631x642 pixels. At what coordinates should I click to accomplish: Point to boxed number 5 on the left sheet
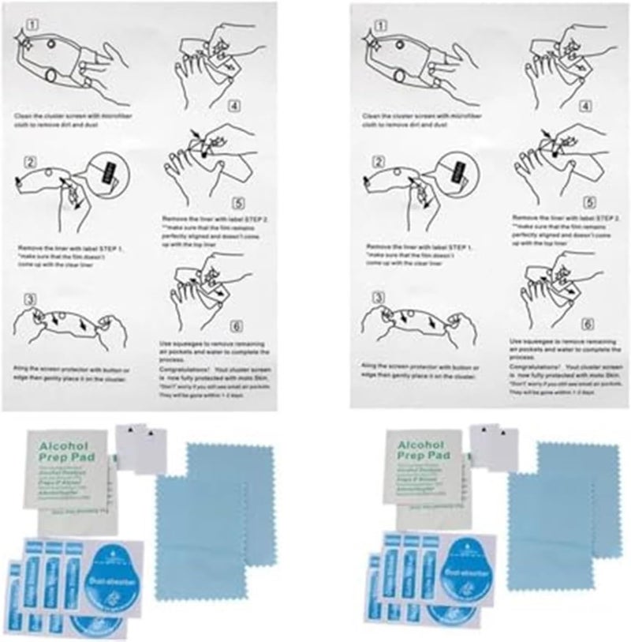point(235,201)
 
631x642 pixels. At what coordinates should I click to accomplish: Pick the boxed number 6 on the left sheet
point(235,326)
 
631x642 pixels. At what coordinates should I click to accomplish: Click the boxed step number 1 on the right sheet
point(379,23)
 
